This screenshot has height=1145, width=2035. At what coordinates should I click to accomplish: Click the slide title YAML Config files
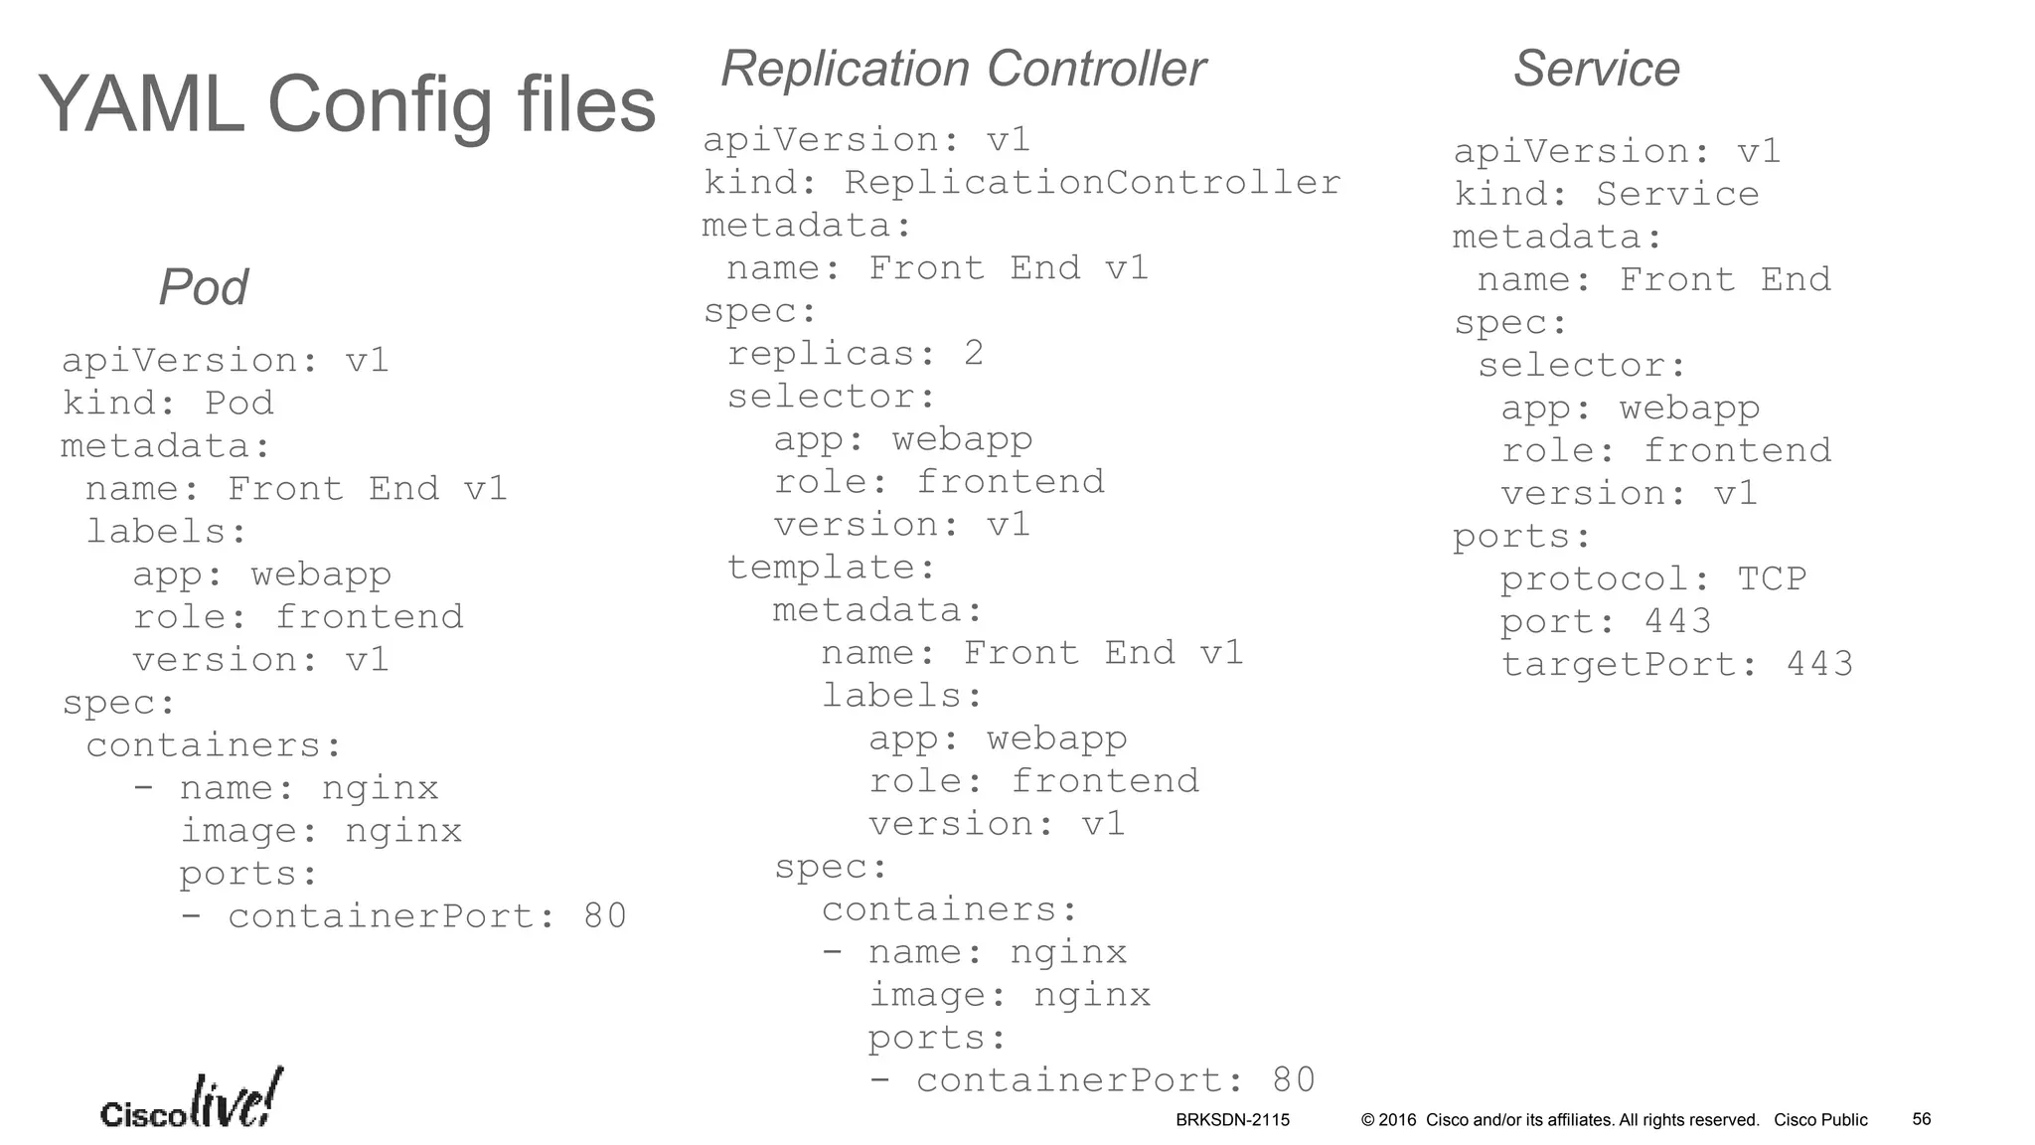click(x=347, y=105)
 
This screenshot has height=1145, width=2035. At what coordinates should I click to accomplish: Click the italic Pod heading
click(x=203, y=287)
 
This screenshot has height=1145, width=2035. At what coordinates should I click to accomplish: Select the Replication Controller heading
click(x=962, y=69)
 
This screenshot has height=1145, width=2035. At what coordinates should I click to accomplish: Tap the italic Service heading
click(x=1596, y=69)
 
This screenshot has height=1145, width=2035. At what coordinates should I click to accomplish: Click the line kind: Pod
click(x=167, y=404)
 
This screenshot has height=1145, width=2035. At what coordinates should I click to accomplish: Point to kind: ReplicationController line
click(x=1021, y=183)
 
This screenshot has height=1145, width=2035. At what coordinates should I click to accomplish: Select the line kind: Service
click(x=1606, y=195)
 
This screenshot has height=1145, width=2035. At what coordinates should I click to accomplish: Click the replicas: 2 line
click(x=855, y=354)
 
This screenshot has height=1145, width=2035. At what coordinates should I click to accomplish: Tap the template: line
click(x=832, y=568)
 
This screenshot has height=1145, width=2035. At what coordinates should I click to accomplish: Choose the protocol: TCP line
click(x=1652, y=579)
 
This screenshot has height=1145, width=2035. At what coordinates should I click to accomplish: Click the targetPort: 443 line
click(x=1676, y=665)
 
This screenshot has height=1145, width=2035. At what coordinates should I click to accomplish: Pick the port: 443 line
click(x=1605, y=622)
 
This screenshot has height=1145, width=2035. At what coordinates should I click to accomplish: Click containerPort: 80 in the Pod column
click(x=402, y=916)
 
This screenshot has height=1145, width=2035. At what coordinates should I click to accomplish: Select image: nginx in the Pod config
click(x=320, y=831)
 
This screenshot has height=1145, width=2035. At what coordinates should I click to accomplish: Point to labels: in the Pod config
click(x=166, y=532)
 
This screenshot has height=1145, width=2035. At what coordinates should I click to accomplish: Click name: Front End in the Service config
click(x=1653, y=280)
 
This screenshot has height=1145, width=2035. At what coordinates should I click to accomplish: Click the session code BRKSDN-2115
click(x=1232, y=1120)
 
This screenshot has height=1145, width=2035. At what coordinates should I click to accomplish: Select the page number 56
click(x=1921, y=1119)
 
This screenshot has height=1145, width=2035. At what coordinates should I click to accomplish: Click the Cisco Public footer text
click(x=1820, y=1120)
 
